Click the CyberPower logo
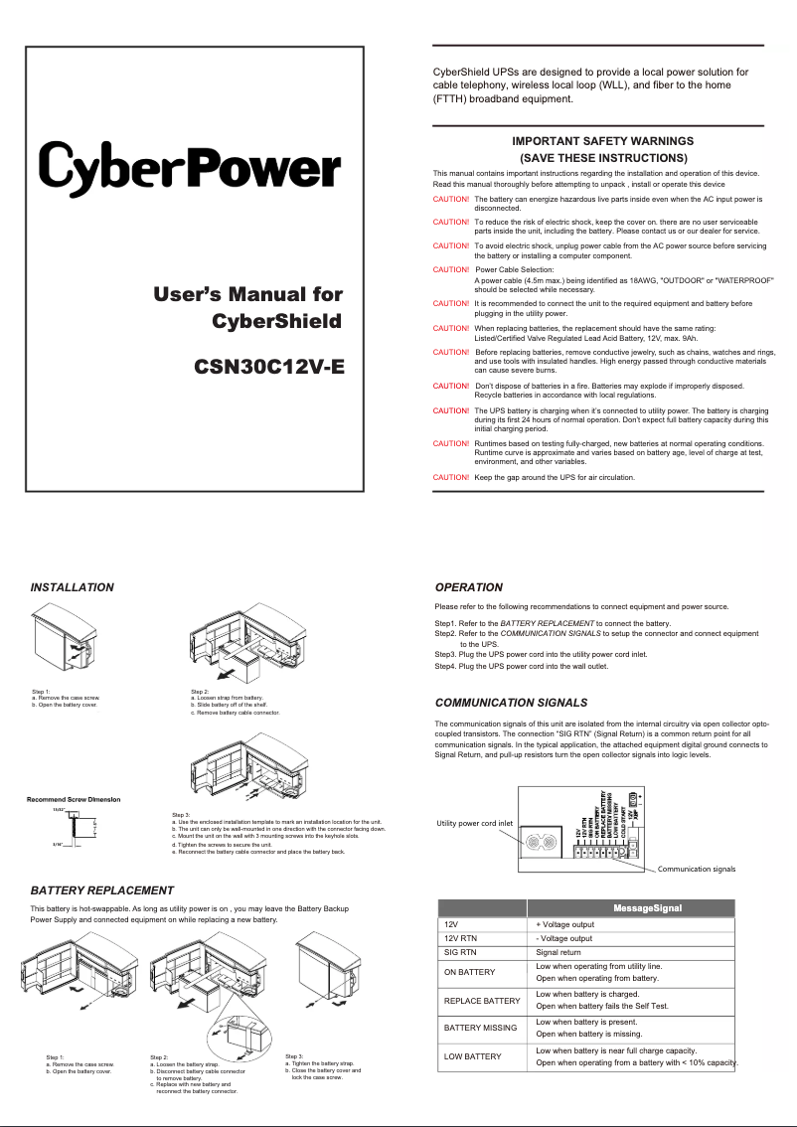tap(189, 171)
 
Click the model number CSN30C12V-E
tap(268, 365)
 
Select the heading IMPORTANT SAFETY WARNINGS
tap(602, 141)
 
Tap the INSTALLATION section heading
tap(73, 587)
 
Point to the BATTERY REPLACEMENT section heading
tap(102, 889)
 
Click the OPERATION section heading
tap(469, 587)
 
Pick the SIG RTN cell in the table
tap(464, 951)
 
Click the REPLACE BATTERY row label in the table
tap(482, 1000)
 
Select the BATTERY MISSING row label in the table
tap(480, 1028)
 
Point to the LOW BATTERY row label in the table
tap(472, 1056)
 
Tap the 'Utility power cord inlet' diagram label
tap(475, 823)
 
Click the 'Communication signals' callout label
tap(696, 870)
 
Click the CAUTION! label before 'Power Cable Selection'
tap(451, 269)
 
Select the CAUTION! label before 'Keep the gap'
tap(451, 477)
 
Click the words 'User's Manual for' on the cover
tap(247, 294)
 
